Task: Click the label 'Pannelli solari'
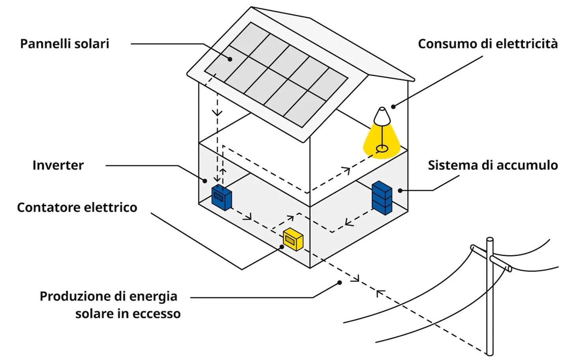(64, 43)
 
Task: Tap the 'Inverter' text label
(58, 165)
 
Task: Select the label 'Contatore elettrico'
(77, 207)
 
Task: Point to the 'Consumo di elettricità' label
(488, 43)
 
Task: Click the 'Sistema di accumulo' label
(493, 165)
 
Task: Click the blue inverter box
(221, 197)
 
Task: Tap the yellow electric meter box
(293, 239)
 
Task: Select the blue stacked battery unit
(382, 197)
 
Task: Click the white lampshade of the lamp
(382, 116)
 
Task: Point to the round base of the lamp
(382, 149)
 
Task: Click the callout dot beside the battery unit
(400, 190)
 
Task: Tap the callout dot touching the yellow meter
(282, 247)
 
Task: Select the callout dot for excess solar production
(339, 283)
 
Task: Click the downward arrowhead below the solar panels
(217, 113)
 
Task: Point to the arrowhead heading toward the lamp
(346, 171)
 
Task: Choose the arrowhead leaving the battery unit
(348, 222)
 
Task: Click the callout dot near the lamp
(393, 107)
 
